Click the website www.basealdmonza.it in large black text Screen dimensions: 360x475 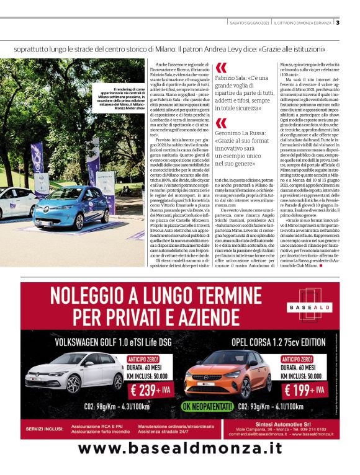pos(179,448)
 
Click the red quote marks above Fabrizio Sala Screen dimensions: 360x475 pos(221,68)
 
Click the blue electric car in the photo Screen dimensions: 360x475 pos(61,207)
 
